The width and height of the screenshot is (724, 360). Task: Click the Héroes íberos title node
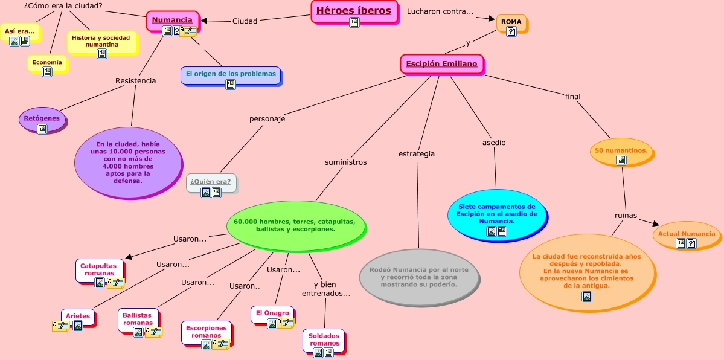click(x=354, y=11)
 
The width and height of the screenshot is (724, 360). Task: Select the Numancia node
click(x=172, y=21)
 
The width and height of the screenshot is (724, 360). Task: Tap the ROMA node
click(x=511, y=22)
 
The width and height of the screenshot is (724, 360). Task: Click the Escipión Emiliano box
click(x=441, y=64)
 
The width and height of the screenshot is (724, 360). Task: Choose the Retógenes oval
click(x=42, y=118)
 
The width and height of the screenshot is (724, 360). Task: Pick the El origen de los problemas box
click(x=230, y=74)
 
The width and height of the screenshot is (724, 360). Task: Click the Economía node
click(x=46, y=63)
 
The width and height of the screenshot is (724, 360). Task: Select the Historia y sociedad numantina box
click(x=101, y=41)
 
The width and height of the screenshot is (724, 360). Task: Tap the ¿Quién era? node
click(x=210, y=182)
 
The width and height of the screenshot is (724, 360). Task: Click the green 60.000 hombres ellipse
click(x=295, y=225)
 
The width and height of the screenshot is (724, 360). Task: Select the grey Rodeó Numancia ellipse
click(x=419, y=277)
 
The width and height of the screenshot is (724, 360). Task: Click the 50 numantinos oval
click(x=621, y=150)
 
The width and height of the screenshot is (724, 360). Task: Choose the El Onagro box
click(x=272, y=313)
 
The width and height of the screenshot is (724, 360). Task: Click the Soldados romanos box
click(x=324, y=339)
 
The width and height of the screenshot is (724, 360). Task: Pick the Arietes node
click(x=78, y=316)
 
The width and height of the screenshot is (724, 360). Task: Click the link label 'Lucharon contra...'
click(x=440, y=11)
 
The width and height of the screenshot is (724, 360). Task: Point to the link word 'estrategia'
click(x=416, y=154)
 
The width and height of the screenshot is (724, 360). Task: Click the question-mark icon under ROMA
click(x=511, y=31)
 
